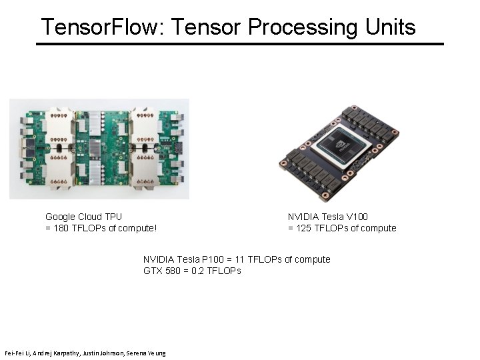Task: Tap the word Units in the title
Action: tap(390, 27)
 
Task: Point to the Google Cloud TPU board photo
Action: tap(99, 149)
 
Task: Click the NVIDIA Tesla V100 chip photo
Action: tap(341, 153)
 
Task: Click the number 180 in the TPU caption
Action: tap(61, 228)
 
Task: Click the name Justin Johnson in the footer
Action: tap(103, 352)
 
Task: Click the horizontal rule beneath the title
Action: tap(239, 44)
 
